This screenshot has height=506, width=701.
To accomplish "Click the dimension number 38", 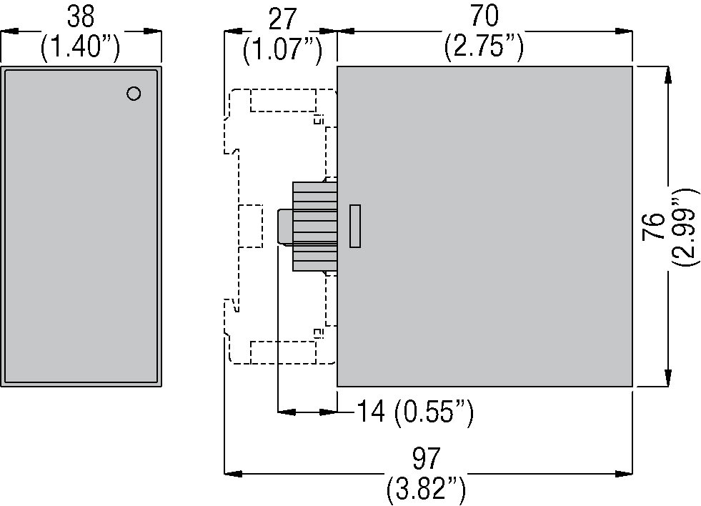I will point(80,16).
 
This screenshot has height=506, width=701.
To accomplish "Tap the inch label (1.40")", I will point(80,48).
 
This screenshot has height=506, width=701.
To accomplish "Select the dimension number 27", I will point(282,17).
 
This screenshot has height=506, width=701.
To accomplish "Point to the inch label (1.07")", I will point(282,49).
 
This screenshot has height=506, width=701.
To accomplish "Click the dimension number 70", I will point(484,16).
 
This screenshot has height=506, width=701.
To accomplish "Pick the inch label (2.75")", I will point(484,48).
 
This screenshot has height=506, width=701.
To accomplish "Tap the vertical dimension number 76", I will point(652,227).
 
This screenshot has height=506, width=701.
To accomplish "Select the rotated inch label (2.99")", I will point(684,227).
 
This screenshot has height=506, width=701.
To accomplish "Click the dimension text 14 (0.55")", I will point(414,412).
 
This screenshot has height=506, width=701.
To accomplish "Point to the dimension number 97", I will point(427,457).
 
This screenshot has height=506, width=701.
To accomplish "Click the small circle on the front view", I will point(133,94).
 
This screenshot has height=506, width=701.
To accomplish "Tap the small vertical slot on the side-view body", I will point(355,226).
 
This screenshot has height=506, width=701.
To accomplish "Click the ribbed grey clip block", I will point(314,226).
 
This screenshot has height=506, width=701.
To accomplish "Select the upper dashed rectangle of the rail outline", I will point(283,100).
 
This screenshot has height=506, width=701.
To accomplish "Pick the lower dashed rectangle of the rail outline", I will point(283,352).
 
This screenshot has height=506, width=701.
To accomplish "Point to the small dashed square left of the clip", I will point(249,226).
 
